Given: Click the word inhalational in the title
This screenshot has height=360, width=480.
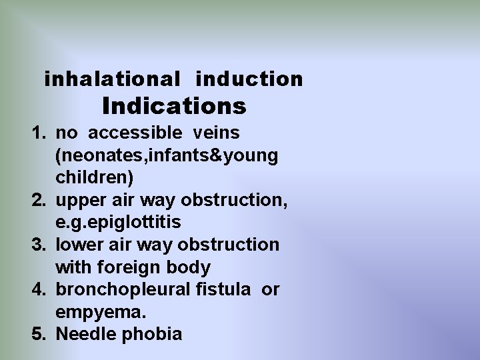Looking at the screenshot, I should coord(112,79).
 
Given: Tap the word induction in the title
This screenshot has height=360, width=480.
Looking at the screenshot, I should coord(249,79).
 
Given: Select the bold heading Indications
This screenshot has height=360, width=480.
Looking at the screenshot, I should coord(174,106).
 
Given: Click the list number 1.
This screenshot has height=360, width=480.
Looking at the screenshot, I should coord(39,133).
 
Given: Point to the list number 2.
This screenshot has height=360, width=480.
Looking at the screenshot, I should coord(39,200).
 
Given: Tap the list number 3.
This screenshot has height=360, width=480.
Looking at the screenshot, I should coord(39,245).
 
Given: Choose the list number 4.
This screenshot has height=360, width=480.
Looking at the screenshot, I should coord(39,290).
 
